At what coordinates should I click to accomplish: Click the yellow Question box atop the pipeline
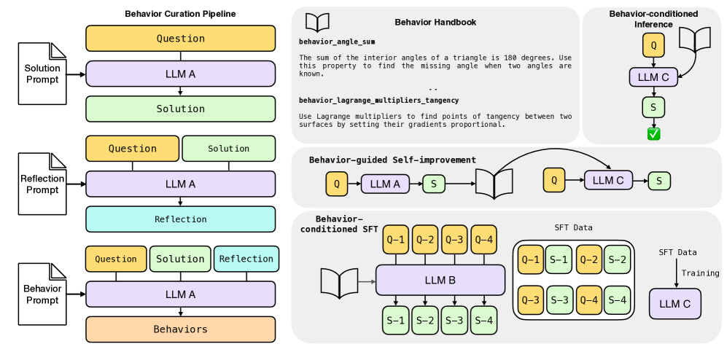tap(180, 39)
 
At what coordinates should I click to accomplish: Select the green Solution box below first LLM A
tap(180, 109)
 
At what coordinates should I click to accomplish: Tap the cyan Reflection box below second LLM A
tap(180, 219)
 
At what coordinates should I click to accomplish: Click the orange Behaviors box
tap(180, 329)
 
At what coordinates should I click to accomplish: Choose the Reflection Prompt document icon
tap(42, 184)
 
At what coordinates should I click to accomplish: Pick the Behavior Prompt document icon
tap(42, 294)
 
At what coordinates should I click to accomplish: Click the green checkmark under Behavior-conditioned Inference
tap(653, 133)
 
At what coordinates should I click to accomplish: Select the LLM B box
tap(440, 280)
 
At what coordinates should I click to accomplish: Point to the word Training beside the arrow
tap(700, 273)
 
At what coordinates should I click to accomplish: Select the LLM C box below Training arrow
tap(674, 303)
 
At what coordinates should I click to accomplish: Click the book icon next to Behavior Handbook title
tap(317, 21)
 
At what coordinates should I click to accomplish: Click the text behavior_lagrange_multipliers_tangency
tap(378, 99)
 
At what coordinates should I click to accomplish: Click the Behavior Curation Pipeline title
tap(180, 14)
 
